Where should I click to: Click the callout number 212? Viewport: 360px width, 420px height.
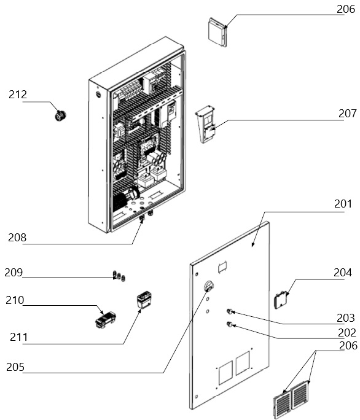18,95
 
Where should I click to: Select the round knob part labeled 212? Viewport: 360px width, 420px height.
61,115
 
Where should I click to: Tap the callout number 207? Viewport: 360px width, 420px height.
347,114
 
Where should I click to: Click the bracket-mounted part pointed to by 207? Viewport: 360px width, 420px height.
205,124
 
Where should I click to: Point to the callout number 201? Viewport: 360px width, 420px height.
343,204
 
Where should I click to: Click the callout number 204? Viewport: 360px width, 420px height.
343,273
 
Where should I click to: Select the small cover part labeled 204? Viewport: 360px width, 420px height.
280,300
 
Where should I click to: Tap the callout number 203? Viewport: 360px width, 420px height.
346,318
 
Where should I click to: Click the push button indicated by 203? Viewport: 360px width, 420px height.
230,311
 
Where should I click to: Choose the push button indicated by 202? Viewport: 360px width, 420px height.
230,325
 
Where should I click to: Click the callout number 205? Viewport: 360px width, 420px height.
15,367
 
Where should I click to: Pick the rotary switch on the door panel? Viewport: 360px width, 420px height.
208,286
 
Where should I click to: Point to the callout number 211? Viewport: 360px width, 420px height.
19,337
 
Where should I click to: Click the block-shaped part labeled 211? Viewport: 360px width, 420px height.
144,300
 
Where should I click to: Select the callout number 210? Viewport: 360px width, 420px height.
15,300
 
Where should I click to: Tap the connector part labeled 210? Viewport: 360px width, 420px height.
106,319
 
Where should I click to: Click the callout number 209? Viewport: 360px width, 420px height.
14,273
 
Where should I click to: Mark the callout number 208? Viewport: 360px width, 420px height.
17,238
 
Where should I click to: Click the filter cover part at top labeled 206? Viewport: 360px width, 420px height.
217,32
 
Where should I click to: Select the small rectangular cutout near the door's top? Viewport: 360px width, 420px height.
223,267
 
